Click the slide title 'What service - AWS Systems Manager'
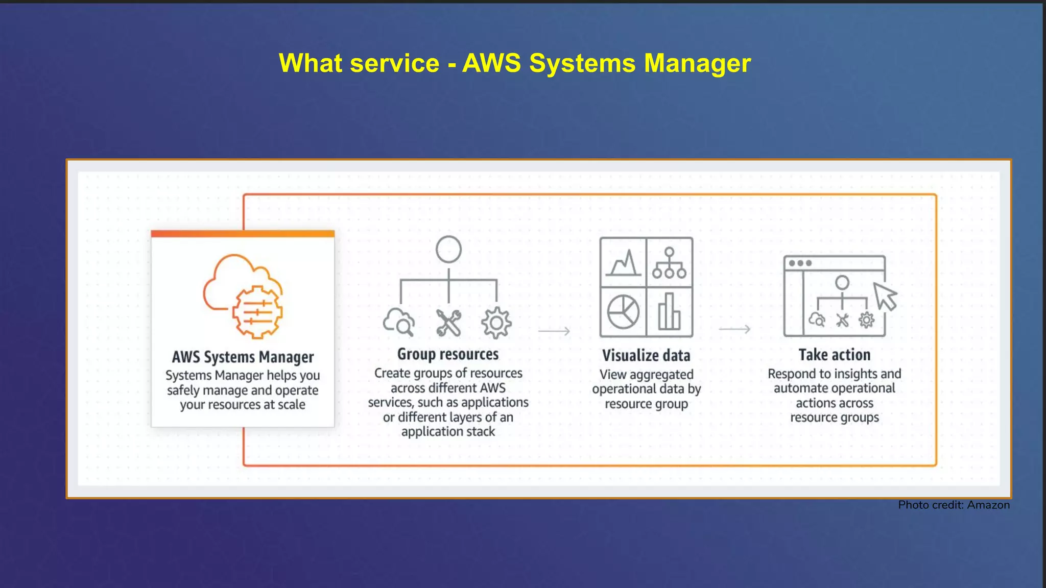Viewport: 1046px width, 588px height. [x=514, y=63]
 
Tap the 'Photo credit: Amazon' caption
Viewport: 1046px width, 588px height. [x=954, y=505]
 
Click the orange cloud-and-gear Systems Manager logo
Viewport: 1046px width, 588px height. [x=243, y=296]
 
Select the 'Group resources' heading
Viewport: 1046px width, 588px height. [x=448, y=354]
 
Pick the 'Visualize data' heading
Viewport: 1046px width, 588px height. [x=646, y=355]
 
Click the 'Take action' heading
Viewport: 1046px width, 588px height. [x=834, y=355]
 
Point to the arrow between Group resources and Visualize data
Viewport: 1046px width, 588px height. [x=554, y=331]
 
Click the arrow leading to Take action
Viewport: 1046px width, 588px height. [x=734, y=329]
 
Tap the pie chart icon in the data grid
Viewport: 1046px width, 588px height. [x=623, y=312]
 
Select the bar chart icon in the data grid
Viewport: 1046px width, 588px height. [x=669, y=311]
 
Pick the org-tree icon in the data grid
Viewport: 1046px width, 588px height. [x=669, y=263]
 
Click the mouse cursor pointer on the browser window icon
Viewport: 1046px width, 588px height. [x=885, y=296]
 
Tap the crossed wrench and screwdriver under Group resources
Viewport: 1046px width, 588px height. [x=448, y=323]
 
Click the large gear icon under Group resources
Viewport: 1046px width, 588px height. [x=496, y=323]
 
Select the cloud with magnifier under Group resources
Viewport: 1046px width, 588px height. [x=399, y=322]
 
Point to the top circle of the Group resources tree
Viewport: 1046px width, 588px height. [x=448, y=250]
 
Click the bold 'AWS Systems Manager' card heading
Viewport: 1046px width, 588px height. [x=243, y=357]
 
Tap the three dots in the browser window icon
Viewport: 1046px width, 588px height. [x=800, y=263]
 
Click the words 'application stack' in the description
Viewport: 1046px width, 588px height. [x=448, y=432]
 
